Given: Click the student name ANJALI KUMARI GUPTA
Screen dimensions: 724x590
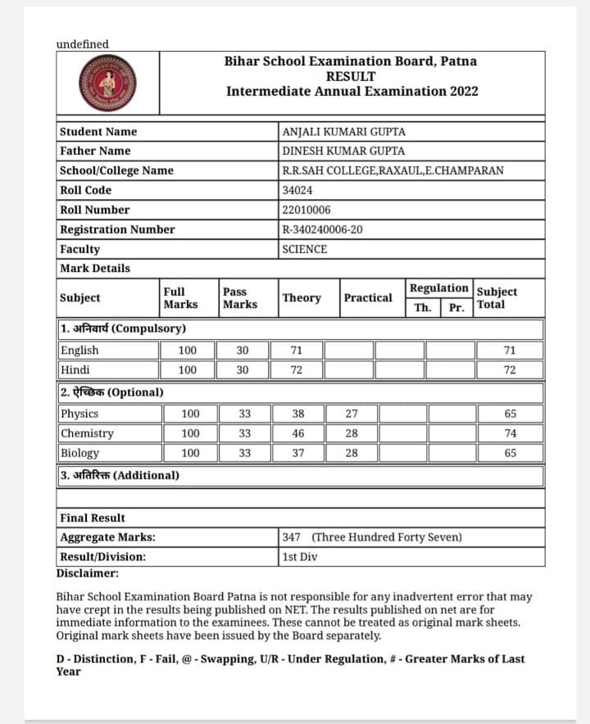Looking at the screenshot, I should pyautogui.click(x=343, y=132).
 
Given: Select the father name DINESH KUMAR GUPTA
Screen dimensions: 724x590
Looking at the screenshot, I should pyautogui.click(x=343, y=151).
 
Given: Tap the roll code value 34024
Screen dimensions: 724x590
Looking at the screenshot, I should pyautogui.click(x=297, y=190).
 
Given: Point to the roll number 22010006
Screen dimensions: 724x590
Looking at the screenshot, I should pyautogui.click(x=305, y=210).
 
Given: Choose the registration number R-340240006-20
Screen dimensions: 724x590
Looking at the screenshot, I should pyautogui.click(x=321, y=229).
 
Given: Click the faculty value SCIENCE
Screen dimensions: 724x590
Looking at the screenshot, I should pyautogui.click(x=304, y=249).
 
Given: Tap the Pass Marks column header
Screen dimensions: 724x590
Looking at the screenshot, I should pyautogui.click(x=240, y=298).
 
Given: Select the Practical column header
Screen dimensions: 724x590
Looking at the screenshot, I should pyautogui.click(x=368, y=298).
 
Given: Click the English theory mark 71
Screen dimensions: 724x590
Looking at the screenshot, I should pyautogui.click(x=297, y=351).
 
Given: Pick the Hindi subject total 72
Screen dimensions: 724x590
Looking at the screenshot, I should pyautogui.click(x=510, y=370).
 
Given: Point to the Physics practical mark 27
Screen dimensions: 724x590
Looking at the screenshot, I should pyautogui.click(x=351, y=414).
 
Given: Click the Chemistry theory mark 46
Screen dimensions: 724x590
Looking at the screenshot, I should pyautogui.click(x=297, y=433).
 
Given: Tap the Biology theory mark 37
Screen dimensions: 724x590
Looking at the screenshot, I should pyautogui.click(x=297, y=453).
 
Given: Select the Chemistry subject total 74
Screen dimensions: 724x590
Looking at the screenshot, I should pyautogui.click(x=510, y=433).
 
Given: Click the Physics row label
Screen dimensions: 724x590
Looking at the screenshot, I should pyautogui.click(x=79, y=414).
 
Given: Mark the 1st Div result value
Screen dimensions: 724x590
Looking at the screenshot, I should pyautogui.click(x=300, y=557).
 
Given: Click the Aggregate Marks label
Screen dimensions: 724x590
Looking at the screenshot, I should pyautogui.click(x=108, y=537).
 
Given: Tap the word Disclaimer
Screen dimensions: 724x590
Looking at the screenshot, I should pyautogui.click(x=88, y=573).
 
